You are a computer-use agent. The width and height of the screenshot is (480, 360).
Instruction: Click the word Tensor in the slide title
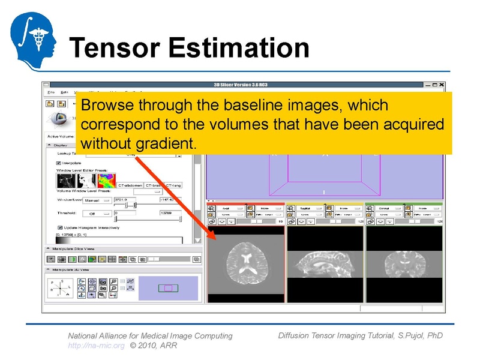pos(114,47)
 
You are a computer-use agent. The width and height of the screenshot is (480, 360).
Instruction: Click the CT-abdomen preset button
pos(130,185)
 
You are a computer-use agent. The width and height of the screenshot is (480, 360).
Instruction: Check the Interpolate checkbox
pos(59,163)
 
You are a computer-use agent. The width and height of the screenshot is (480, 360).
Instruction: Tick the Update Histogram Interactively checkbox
pos(59,227)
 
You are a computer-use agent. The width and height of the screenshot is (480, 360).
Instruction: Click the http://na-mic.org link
pos(96,346)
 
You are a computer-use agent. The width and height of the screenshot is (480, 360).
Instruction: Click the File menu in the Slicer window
pos(51,92)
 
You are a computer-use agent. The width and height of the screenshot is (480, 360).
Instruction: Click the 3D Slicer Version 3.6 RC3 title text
pos(245,85)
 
